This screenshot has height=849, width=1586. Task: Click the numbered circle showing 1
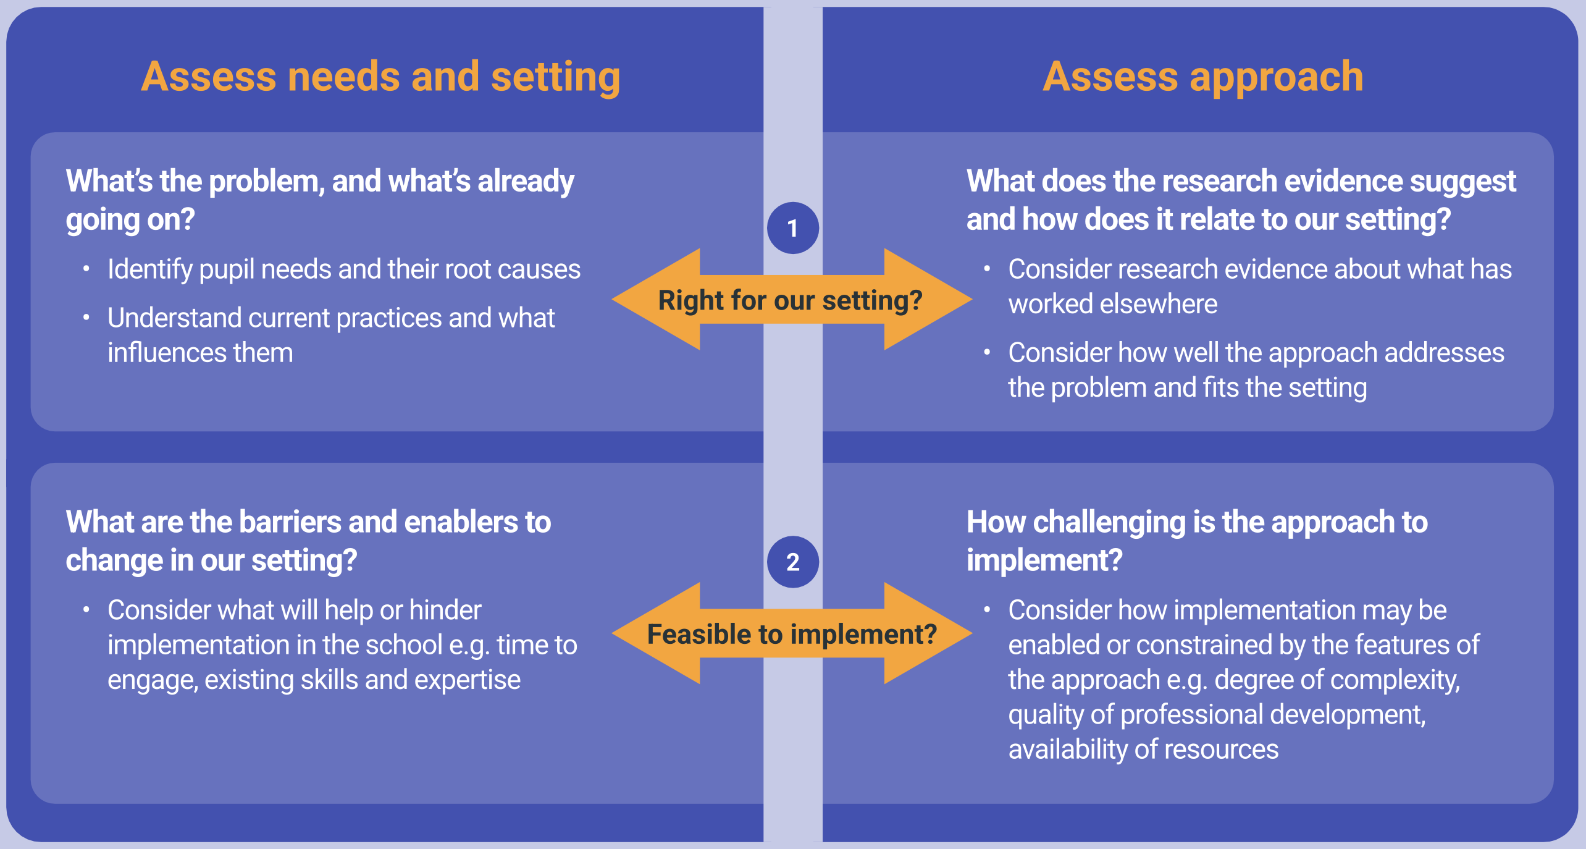[x=793, y=228]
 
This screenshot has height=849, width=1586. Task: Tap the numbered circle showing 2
[x=793, y=562]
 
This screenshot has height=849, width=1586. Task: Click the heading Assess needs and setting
[x=380, y=77]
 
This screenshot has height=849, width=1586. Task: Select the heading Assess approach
[x=1203, y=77]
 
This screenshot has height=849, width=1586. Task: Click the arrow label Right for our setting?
[x=790, y=300]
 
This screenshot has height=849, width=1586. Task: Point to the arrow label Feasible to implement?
[x=792, y=635]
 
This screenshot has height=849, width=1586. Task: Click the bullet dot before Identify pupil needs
[x=86, y=269]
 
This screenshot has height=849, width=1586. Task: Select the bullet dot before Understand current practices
[x=86, y=318]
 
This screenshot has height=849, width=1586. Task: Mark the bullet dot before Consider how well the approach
[x=987, y=353]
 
